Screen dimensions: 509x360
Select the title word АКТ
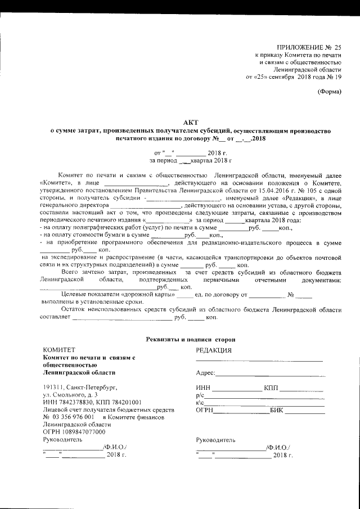(190, 122)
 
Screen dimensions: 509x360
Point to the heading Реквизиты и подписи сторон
(190, 339)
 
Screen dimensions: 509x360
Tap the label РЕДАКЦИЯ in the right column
(214, 349)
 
